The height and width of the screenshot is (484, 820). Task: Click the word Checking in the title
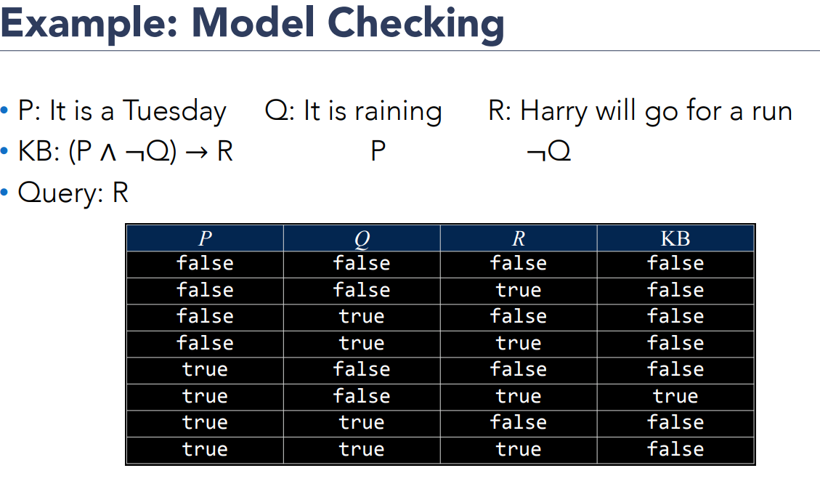click(415, 24)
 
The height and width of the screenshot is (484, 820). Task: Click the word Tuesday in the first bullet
click(174, 111)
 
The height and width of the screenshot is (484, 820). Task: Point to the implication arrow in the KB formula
click(196, 153)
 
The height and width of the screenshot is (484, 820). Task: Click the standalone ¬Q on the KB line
click(548, 152)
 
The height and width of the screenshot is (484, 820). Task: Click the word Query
click(60, 193)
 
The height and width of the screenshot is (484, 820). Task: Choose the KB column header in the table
click(675, 238)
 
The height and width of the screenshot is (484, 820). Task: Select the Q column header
click(362, 239)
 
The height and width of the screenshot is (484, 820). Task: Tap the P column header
click(205, 238)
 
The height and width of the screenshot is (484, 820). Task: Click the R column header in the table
click(519, 238)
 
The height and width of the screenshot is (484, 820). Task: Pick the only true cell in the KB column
click(675, 397)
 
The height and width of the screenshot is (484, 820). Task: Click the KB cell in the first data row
click(675, 263)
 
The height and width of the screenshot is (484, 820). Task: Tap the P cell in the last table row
click(205, 449)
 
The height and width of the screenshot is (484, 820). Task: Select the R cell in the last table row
click(519, 449)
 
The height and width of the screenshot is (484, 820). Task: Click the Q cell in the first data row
click(362, 263)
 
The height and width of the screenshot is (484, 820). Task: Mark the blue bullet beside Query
click(4, 193)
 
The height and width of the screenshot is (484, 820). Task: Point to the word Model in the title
click(253, 23)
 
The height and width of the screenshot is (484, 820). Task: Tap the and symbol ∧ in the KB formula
click(108, 153)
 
